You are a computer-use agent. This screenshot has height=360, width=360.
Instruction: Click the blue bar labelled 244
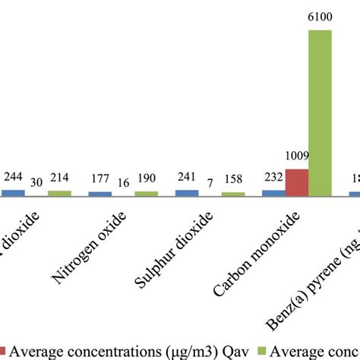click(12, 193)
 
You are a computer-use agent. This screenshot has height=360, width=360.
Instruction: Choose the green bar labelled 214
click(59, 194)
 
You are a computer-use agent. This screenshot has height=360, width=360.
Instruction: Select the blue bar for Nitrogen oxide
click(99, 194)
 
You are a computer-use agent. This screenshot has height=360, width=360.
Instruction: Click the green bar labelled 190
click(146, 194)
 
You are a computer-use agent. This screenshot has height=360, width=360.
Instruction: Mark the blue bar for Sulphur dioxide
click(186, 193)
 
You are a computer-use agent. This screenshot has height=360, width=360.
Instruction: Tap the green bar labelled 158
click(233, 194)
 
